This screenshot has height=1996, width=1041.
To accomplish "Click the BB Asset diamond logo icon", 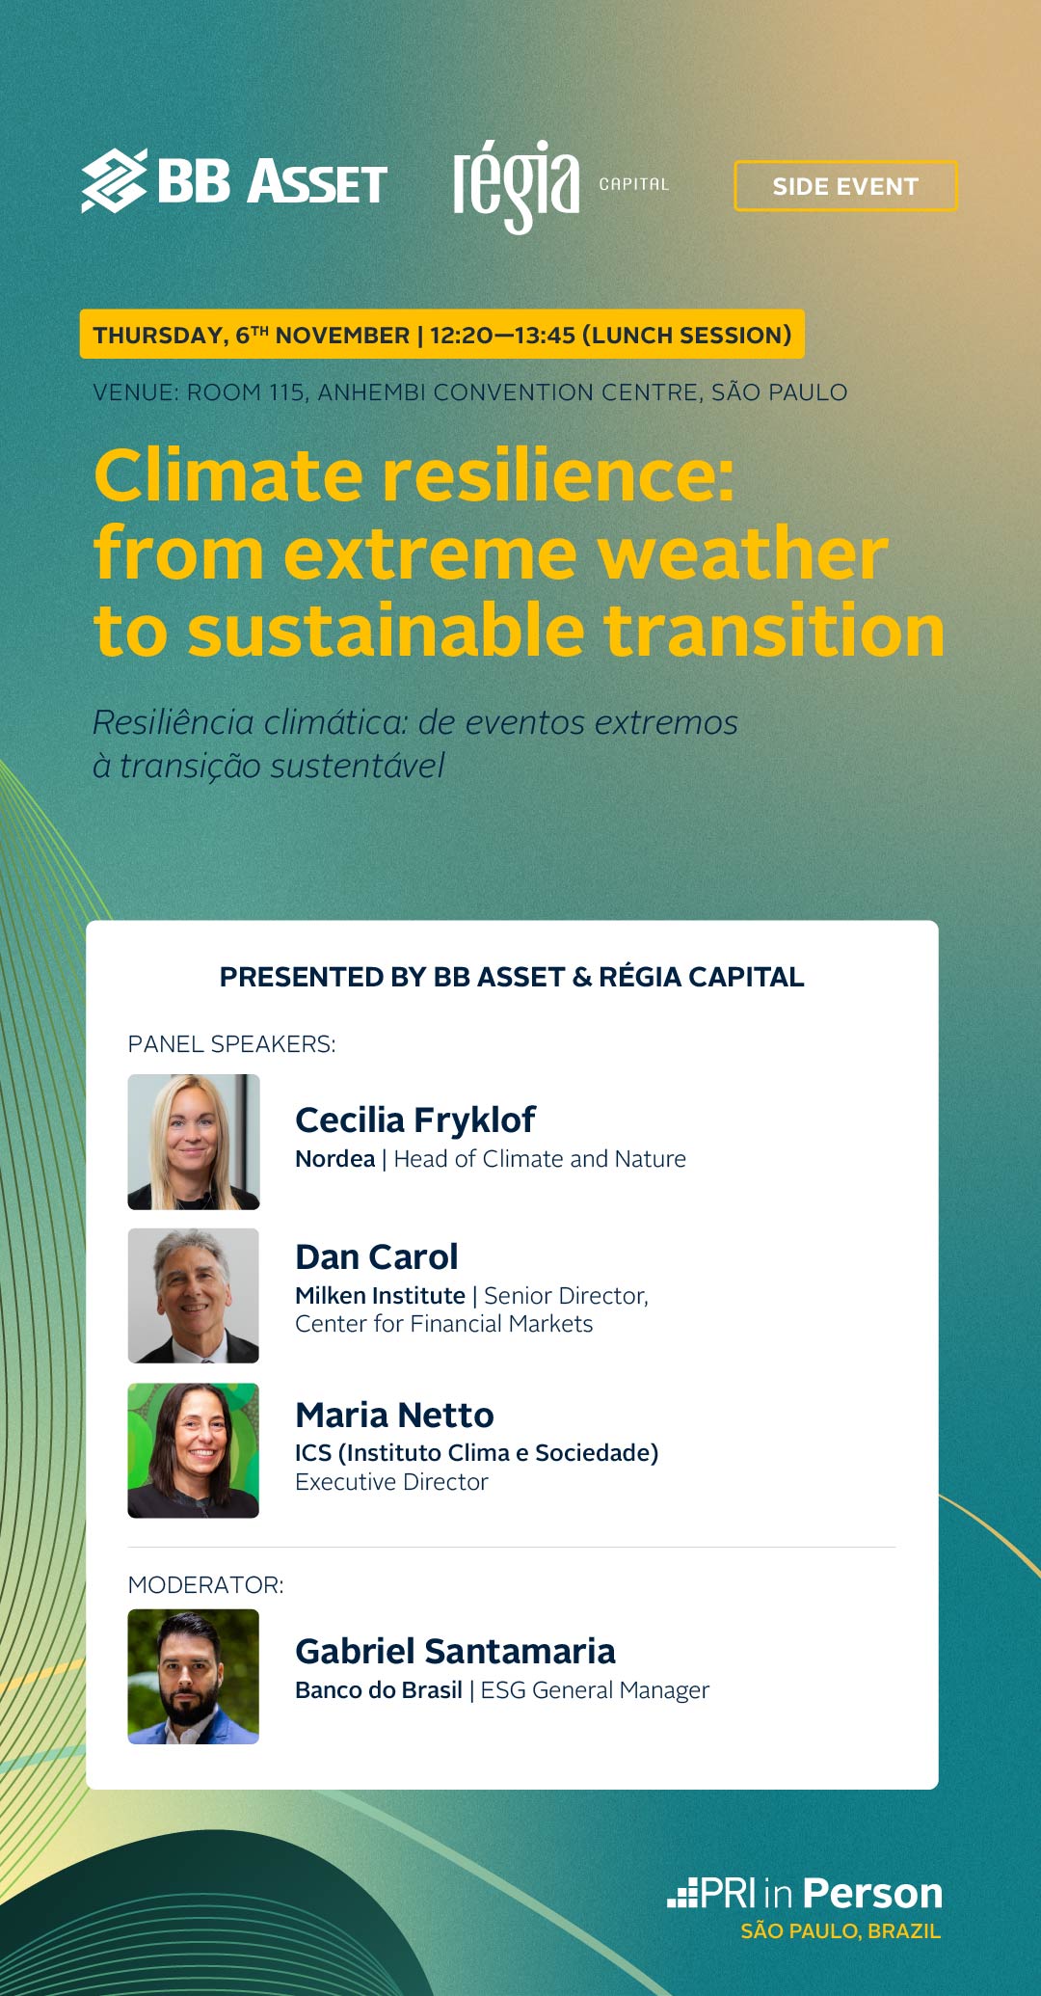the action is pyautogui.click(x=114, y=180).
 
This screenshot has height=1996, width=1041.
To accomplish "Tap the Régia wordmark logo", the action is pyautogui.click(x=517, y=186).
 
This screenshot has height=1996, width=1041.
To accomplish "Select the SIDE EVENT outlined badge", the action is pyautogui.click(x=845, y=186).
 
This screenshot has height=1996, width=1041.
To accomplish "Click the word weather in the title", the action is pyautogui.click(x=742, y=553).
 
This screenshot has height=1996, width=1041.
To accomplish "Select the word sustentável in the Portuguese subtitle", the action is pyautogui.click(x=358, y=767).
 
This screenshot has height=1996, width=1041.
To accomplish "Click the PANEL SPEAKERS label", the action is pyautogui.click(x=232, y=1044).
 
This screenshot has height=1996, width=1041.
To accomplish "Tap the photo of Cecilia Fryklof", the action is pyautogui.click(x=194, y=1142).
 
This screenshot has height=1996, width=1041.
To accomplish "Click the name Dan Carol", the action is pyautogui.click(x=377, y=1257).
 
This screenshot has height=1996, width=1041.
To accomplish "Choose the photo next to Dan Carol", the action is pyautogui.click(x=194, y=1296).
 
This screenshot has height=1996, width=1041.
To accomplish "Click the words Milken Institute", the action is pyautogui.click(x=381, y=1296).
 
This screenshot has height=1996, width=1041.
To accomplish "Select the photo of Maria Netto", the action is pyautogui.click(x=194, y=1450).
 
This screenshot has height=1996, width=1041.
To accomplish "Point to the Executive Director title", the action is pyautogui.click(x=391, y=1482).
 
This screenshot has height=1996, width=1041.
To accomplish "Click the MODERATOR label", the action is pyautogui.click(x=206, y=1585).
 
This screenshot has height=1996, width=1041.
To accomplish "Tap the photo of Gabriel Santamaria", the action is pyautogui.click(x=194, y=1677).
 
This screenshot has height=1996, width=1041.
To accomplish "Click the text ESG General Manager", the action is pyautogui.click(x=595, y=1690).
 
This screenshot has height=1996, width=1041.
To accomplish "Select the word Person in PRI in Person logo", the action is pyautogui.click(x=873, y=1894).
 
